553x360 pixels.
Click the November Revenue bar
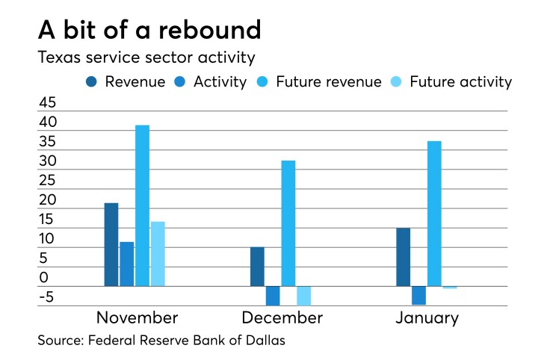tap(111, 244)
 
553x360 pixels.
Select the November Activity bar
tap(127, 264)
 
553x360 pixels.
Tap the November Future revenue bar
tap(142, 205)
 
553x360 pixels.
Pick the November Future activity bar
tap(158, 254)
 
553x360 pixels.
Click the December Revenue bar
tap(257, 267)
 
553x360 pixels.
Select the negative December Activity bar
tap(273, 295)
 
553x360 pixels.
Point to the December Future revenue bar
tap(288, 223)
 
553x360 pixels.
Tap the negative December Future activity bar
tap(303, 295)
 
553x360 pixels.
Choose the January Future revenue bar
tap(434, 214)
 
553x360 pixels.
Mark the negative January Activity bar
tap(418, 295)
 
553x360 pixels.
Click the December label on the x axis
tap(282, 318)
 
